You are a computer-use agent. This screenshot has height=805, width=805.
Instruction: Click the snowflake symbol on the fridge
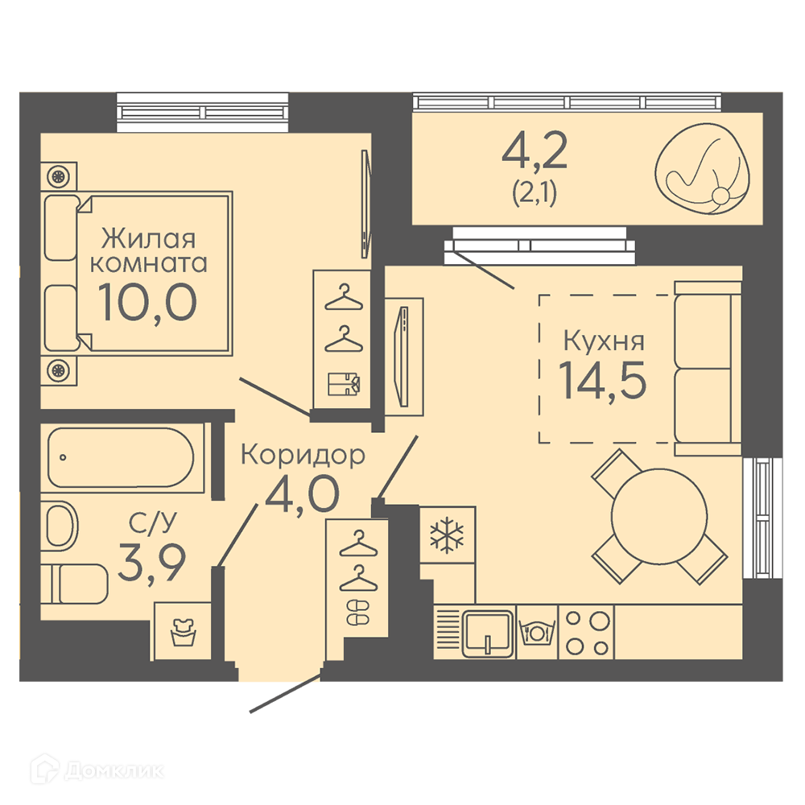[x=447, y=537]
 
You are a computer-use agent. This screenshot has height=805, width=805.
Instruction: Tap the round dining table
[x=659, y=516]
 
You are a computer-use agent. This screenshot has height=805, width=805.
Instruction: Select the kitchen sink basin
[x=489, y=633]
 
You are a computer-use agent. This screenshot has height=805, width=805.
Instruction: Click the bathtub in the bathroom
[x=122, y=458]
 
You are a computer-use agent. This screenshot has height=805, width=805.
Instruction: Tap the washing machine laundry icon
[x=184, y=633]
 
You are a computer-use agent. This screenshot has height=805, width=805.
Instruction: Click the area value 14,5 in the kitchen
[x=602, y=379]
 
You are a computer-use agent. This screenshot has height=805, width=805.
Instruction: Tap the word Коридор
[x=303, y=454]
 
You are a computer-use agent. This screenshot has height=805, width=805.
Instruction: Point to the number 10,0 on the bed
[x=147, y=302]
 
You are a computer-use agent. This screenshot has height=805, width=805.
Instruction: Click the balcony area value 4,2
[x=535, y=151]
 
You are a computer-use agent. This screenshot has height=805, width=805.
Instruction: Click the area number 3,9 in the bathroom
[x=151, y=563]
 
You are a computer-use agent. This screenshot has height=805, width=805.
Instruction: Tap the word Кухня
[x=604, y=341]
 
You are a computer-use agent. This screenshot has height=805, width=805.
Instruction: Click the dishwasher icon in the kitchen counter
[x=536, y=633]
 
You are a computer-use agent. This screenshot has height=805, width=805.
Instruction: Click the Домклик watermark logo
[x=97, y=770]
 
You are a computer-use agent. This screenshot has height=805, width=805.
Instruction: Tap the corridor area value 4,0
[x=302, y=494]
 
